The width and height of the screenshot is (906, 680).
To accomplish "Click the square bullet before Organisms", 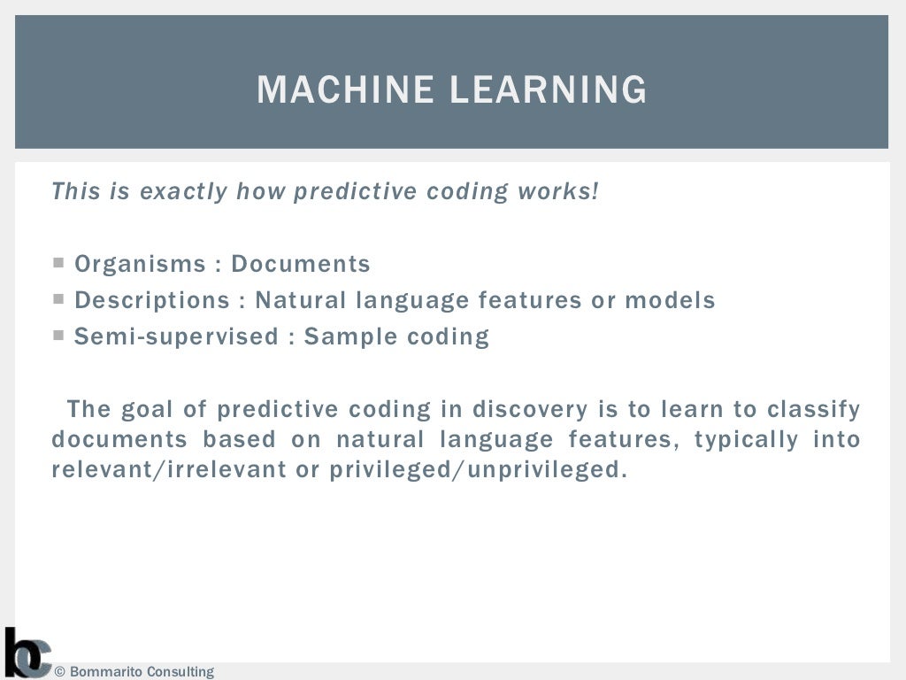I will pyautogui.click(x=58, y=263).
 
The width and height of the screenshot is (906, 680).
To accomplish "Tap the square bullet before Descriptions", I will pyautogui.click(x=58, y=299).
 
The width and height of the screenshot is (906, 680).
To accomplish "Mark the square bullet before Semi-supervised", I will pyautogui.click(x=58, y=336).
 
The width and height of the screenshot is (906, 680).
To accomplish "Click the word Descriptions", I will pyautogui.click(x=152, y=300).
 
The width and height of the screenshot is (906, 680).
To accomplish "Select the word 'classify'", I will pyautogui.click(x=813, y=409).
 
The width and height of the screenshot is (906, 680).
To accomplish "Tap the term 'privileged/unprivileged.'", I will pyautogui.click(x=478, y=469).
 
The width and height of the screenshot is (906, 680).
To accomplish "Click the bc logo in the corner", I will pyautogui.click(x=27, y=653).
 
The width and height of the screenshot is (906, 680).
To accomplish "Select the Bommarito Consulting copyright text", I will pyautogui.click(x=134, y=671).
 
